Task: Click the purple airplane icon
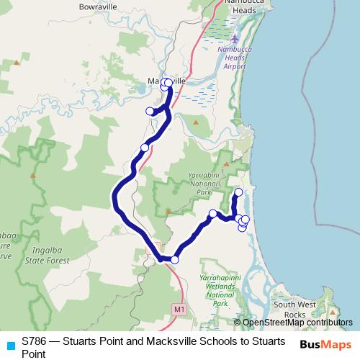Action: pyautogui.click(x=238, y=38)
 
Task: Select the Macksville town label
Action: pyautogui.click(x=167, y=81)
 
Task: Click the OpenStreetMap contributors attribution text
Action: pyautogui.click(x=293, y=323)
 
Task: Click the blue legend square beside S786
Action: pyautogui.click(x=10, y=344)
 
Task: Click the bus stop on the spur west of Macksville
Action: pyautogui.click(x=150, y=111)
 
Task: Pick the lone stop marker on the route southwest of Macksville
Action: pyautogui.click(x=145, y=148)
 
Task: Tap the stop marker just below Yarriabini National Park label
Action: pyautogui.click(x=212, y=213)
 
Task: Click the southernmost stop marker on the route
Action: pyautogui.click(x=174, y=260)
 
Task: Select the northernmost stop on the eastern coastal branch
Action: pyautogui.click(x=239, y=192)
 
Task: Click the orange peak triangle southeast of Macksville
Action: pyautogui.click(x=196, y=122)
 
